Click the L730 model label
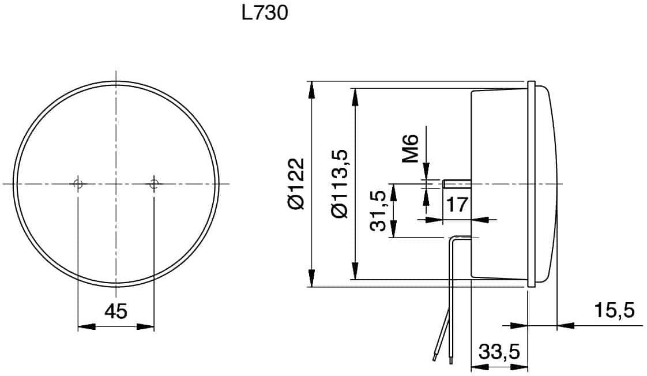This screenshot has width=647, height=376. click(265, 13)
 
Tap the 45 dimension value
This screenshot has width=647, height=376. click(116, 311)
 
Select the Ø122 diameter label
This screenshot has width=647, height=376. click(296, 183)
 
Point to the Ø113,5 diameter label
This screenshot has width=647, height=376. click(340, 183)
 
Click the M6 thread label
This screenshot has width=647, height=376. click(411, 148)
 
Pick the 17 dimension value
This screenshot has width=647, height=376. click(457, 204)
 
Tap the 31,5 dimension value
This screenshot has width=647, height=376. click(378, 211)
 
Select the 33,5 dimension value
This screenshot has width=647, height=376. click(499, 352)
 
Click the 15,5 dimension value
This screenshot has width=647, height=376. click(614, 310)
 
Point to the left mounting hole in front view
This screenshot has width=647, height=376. click(78, 183)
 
